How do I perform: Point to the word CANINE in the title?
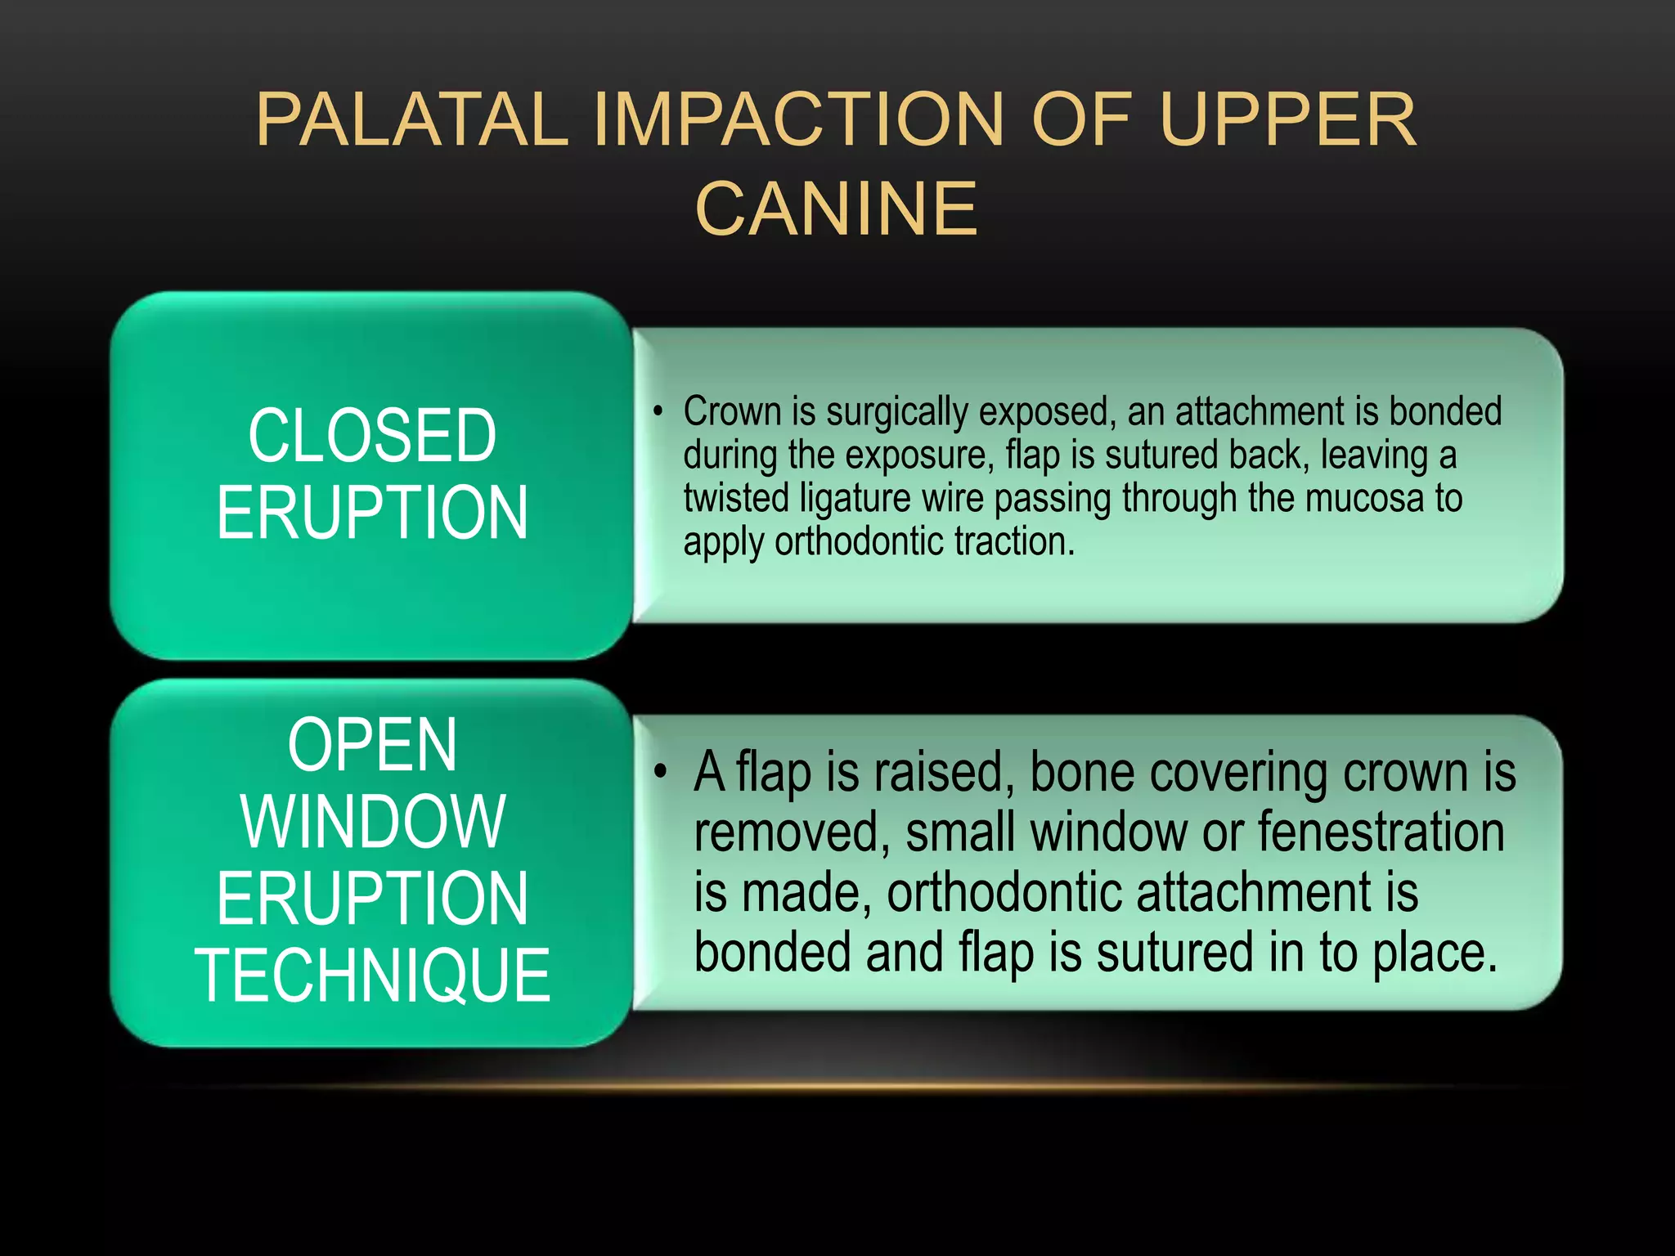click(x=836, y=209)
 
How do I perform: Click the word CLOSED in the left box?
click(x=372, y=436)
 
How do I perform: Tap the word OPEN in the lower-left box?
click(x=372, y=745)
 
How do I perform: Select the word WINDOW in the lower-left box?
click(x=372, y=822)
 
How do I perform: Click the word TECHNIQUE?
click(x=372, y=975)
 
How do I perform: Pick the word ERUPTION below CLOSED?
click(x=372, y=513)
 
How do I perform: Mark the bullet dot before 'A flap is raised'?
click(x=661, y=770)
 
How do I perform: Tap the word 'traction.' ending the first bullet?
click(x=1014, y=541)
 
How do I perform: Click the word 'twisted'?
click(x=735, y=498)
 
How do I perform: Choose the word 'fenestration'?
click(x=1381, y=832)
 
